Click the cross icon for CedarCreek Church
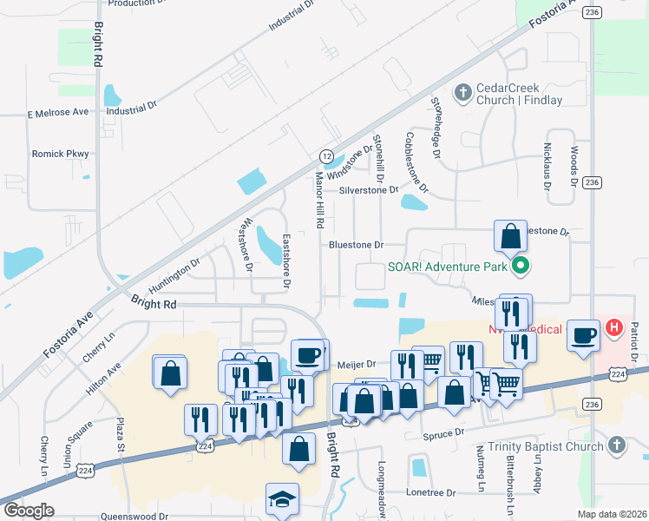(463, 91)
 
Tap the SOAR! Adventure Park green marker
(521, 266)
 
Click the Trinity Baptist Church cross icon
(617, 446)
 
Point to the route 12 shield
(326, 155)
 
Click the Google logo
(28, 511)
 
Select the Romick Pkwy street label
(60, 154)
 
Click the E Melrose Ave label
(58, 113)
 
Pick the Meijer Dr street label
(356, 365)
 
